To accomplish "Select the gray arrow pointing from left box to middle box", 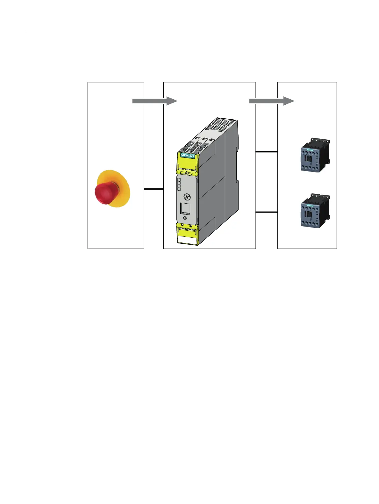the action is click(154, 101).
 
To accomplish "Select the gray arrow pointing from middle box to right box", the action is click(271, 101).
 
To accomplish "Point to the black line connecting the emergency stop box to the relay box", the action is click(154, 189).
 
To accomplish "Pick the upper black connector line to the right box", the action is click(267, 152).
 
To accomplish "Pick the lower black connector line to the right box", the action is click(267, 212).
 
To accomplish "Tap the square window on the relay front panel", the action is click(185, 209).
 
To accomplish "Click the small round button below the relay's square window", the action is click(185, 218).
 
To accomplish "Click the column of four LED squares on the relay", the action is click(179, 185).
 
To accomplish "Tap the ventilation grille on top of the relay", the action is click(221, 126).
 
